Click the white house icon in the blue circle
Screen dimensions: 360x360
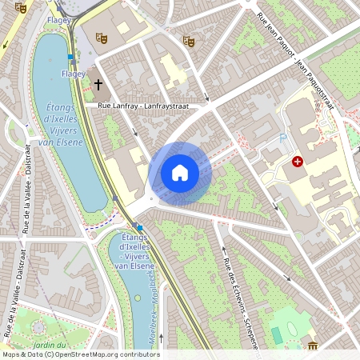(180, 172)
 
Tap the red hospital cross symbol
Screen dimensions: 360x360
(298, 162)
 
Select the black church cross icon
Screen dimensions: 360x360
(98, 84)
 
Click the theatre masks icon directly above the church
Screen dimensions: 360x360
(101, 37)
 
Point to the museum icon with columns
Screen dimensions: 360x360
(312, 346)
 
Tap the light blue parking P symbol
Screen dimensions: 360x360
(282, 138)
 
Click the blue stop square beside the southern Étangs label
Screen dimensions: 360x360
(140, 228)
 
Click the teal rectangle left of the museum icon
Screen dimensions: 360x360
(277, 335)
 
